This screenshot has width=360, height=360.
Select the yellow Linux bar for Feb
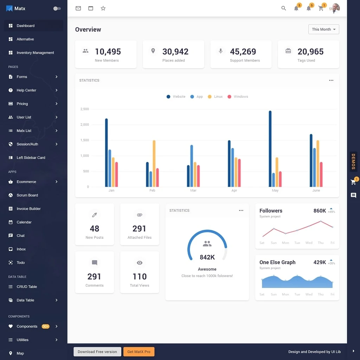tap(154, 163)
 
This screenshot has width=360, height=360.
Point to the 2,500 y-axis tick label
tap(85, 109)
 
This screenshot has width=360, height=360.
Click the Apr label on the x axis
tap(234, 191)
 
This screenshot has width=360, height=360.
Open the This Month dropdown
tap(323, 30)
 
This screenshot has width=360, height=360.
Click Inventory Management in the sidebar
tap(35, 53)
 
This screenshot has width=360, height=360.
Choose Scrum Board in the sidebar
tap(27, 195)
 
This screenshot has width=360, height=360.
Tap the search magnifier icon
tap(284, 8)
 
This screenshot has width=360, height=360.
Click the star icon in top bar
tap(103, 8)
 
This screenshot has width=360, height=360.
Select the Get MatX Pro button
tap(139, 352)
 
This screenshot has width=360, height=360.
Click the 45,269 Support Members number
tap(243, 52)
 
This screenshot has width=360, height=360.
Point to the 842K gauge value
tap(207, 257)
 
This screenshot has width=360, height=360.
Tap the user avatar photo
tap(336, 8)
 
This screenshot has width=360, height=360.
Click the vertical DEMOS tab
tap(353, 162)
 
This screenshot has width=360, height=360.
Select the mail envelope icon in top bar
tap(78, 8)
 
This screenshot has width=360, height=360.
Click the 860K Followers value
tap(320, 211)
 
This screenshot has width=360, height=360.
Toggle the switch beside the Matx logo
tap(57, 8)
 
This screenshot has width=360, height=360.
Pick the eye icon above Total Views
tap(140, 263)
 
